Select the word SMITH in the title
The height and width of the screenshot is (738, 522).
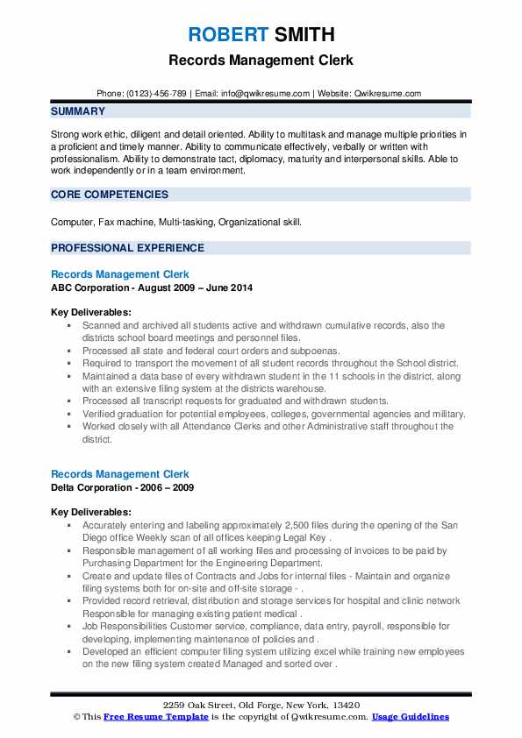[x=304, y=35]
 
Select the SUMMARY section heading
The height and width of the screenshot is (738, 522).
[x=78, y=111]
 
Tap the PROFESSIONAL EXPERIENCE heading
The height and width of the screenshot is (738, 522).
[x=127, y=248]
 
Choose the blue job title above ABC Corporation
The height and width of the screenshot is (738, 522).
[x=119, y=274]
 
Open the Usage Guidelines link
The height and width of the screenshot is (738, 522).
[x=410, y=717]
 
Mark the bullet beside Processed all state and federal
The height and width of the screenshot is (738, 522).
[x=70, y=349]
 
